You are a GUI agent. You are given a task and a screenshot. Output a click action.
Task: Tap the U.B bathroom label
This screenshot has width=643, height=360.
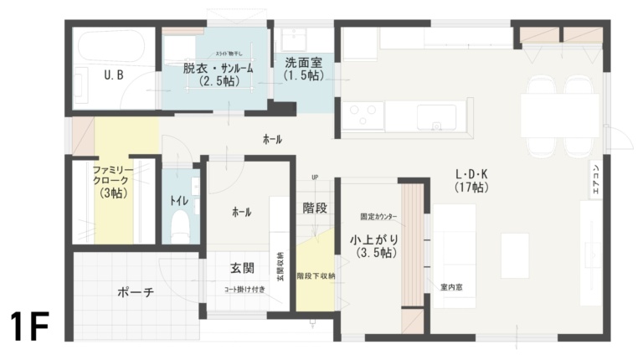(115, 75)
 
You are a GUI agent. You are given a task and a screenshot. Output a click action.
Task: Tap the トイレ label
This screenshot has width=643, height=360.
(178, 201)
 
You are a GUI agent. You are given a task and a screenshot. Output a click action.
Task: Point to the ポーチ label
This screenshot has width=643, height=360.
(135, 294)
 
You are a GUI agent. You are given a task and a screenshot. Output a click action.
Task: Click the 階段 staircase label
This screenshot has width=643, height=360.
(314, 208)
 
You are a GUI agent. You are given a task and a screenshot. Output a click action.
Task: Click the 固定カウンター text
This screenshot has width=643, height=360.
(378, 217)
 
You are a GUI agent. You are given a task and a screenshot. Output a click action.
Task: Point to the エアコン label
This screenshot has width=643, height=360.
(595, 180)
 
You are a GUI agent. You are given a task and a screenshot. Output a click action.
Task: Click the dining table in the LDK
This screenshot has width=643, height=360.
(559, 116)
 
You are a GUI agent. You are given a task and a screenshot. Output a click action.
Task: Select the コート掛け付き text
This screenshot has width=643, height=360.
(244, 290)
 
